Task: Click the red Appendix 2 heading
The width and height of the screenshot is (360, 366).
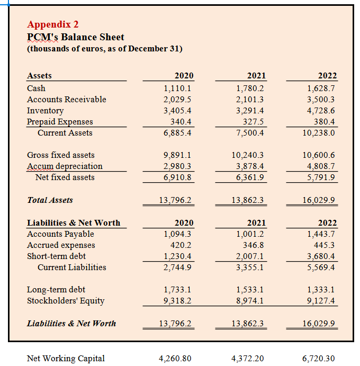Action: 53,24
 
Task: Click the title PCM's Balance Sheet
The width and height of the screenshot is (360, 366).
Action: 76,37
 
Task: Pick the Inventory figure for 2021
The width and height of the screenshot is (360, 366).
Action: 250,111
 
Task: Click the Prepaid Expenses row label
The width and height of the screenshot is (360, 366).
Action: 60,122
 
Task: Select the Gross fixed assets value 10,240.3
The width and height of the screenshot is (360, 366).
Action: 248,155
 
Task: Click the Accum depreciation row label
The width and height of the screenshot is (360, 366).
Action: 65,166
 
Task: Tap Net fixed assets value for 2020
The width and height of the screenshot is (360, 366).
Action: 177,177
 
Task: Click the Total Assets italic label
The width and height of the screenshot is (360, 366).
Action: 50,200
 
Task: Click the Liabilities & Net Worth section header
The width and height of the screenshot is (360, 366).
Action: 74,223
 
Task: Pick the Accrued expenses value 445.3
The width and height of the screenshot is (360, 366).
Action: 324,245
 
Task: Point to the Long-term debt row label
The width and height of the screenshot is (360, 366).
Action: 56,290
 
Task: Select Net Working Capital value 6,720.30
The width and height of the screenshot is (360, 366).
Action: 318,359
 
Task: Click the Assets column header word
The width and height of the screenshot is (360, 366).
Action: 39,76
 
